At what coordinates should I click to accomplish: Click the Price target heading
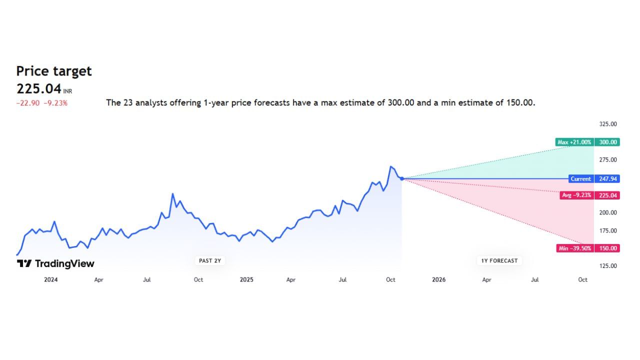point(54,71)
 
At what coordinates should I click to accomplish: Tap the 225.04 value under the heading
point(39,88)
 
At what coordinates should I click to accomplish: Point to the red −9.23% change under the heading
point(55,103)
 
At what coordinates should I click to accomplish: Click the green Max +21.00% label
point(574,142)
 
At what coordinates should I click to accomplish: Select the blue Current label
point(580,178)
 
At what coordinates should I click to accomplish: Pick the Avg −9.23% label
point(576,195)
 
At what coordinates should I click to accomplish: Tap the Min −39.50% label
point(575,248)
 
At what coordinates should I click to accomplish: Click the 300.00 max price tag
point(607,142)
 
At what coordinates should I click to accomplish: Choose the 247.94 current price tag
point(607,178)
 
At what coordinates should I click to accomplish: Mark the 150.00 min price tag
point(607,248)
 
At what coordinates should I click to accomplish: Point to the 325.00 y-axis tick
point(608,124)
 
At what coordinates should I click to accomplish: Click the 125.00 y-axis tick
point(608,266)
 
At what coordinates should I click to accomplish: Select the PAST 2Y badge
point(210,260)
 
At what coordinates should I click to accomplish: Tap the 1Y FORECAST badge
point(499,260)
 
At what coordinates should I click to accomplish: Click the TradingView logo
point(55,263)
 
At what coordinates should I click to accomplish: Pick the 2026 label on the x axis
point(438,280)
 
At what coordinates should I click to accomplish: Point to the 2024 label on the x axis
point(50,280)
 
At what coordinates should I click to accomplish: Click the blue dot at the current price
point(402,178)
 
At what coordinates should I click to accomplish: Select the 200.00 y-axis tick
point(608,212)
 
